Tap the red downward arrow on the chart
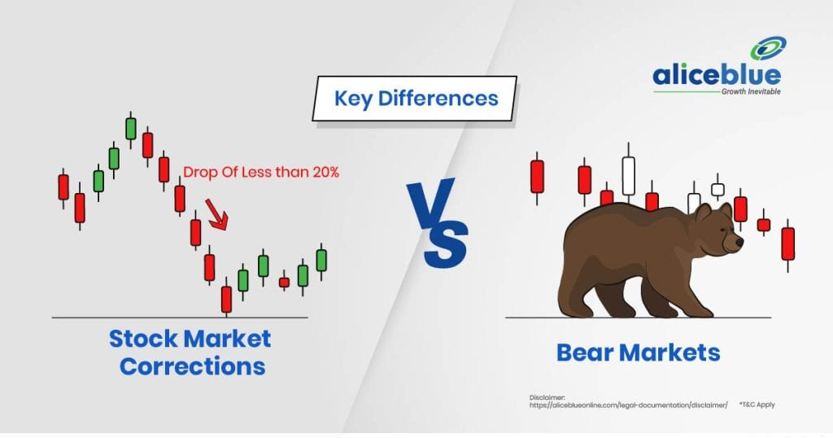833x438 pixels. coord(217,214)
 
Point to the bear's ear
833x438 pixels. coord(702,212)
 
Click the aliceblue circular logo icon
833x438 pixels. coord(768,49)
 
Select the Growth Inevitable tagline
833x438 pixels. coord(751,91)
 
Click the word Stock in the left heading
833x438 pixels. coord(143,339)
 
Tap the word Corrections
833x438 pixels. coord(192,366)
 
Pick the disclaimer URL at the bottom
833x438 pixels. coord(629,405)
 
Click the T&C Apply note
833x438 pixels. coord(757,405)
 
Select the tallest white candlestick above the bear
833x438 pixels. coord(629,174)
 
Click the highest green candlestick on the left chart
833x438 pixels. coord(131,129)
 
